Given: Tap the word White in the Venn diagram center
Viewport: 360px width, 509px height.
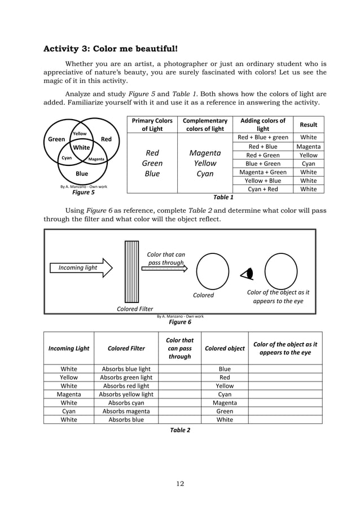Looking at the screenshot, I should coord(82,148).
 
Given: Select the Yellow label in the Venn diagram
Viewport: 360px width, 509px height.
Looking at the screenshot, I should coord(78,134).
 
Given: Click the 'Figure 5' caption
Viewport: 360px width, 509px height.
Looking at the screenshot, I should coord(83,192).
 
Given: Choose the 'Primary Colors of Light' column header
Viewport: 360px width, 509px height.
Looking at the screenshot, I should coord(152,125).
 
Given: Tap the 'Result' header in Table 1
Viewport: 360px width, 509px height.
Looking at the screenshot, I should coord(308,125).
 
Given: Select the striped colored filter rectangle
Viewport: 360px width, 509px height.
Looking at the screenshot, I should coord(131,271).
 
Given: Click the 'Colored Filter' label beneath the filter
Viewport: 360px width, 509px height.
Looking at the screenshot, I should coord(135,309).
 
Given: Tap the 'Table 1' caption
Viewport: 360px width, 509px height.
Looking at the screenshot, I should coord(222,198).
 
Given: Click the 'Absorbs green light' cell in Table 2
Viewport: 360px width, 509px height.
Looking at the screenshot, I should coord(126,378).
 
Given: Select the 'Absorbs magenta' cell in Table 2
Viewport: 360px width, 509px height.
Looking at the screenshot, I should coord(126,411).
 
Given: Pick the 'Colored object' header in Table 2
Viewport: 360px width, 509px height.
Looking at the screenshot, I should coord(224,348).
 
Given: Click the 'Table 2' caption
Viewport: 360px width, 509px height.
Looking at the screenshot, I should coord(180,430).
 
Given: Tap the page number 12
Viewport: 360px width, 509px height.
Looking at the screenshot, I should coord(180,482).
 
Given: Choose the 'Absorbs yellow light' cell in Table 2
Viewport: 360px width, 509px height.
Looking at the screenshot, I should coord(126,394).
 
